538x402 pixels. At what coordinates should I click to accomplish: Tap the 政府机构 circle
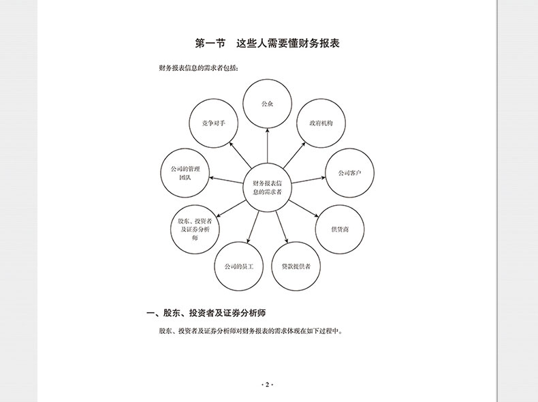pyautogui.click(x=320, y=123)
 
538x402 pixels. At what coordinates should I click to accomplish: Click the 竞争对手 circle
pyautogui.click(x=213, y=123)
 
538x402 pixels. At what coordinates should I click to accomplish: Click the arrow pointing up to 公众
pyautogui.click(x=268, y=146)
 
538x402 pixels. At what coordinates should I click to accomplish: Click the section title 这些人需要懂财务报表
pyautogui.click(x=288, y=44)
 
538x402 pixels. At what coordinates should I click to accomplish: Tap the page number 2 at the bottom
pyautogui.click(x=268, y=385)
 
